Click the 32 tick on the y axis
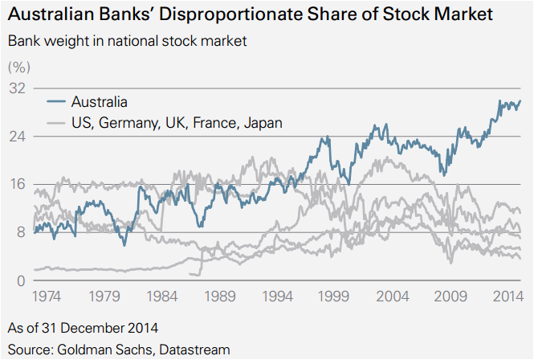[x=18, y=88]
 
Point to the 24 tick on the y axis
[x=18, y=137]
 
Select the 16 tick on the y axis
[x=18, y=185]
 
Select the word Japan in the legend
[x=264, y=123]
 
